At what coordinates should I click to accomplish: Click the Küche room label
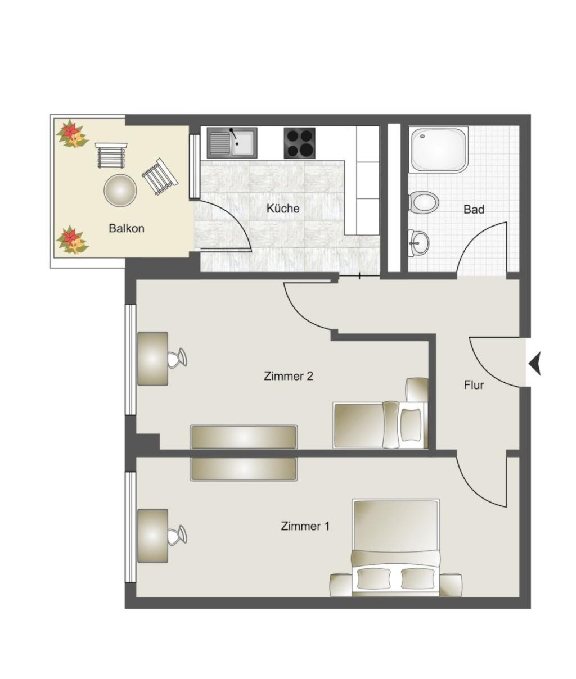click(x=283, y=209)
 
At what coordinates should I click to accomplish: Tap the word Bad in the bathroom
click(x=474, y=209)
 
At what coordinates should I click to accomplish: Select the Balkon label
click(x=126, y=228)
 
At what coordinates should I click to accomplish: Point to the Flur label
click(x=474, y=385)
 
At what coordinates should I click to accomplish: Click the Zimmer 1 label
click(x=305, y=526)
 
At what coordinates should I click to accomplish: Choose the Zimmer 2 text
click(x=289, y=376)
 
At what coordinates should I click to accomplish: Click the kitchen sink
click(x=232, y=143)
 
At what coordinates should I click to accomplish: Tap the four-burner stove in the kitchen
click(x=299, y=143)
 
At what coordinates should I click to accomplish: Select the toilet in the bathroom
click(x=424, y=201)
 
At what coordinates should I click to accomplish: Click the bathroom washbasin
click(x=418, y=243)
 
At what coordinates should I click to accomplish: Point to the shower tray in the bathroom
click(x=439, y=150)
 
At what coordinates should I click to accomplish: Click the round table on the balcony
click(x=120, y=190)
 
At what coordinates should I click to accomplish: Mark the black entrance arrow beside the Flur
click(x=535, y=364)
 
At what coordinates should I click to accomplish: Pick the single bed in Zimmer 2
click(x=380, y=425)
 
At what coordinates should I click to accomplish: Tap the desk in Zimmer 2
click(x=152, y=359)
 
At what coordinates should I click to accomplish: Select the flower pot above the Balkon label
click(x=73, y=134)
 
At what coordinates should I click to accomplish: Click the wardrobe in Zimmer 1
click(x=244, y=469)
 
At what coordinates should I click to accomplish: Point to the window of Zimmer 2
click(x=131, y=360)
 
